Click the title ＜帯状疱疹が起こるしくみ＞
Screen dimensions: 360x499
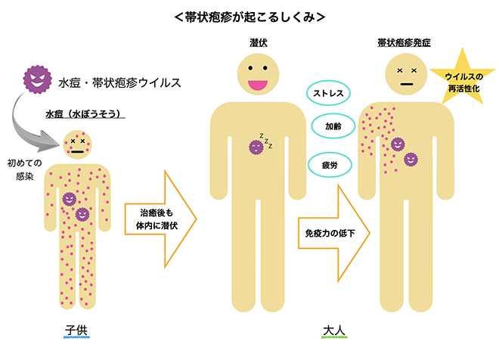(249, 15)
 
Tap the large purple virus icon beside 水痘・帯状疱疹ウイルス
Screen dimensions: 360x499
(36, 79)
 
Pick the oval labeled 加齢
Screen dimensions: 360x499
(333, 126)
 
